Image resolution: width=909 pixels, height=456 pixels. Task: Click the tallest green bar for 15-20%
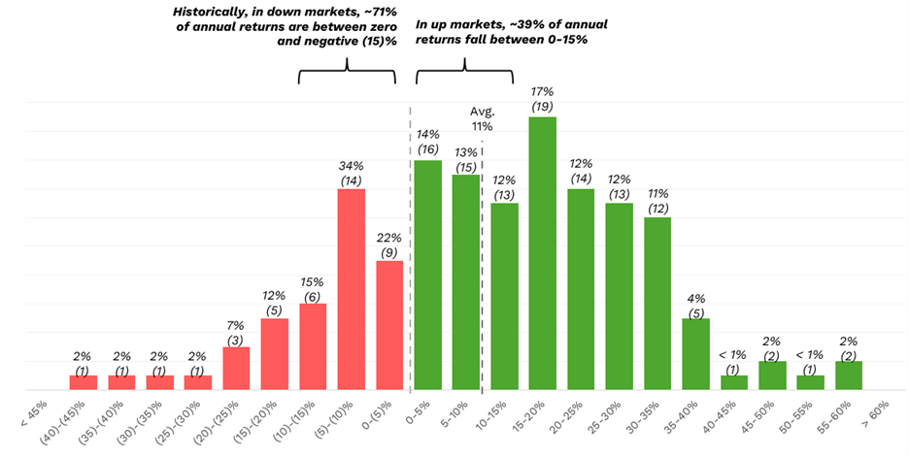click(x=542, y=252)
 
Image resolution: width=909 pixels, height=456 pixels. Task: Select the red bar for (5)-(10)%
click(x=351, y=288)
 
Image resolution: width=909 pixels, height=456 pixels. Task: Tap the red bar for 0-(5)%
click(x=389, y=324)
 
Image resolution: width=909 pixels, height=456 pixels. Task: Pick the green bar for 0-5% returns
click(x=427, y=274)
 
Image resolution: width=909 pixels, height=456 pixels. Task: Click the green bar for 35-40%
click(x=695, y=353)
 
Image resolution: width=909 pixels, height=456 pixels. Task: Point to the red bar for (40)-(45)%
click(x=83, y=382)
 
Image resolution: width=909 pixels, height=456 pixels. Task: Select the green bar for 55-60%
click(x=849, y=375)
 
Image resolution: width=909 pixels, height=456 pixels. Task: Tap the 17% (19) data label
click(x=542, y=96)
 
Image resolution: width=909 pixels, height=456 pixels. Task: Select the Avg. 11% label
click(x=482, y=117)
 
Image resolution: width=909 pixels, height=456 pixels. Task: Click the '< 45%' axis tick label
click(x=32, y=411)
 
